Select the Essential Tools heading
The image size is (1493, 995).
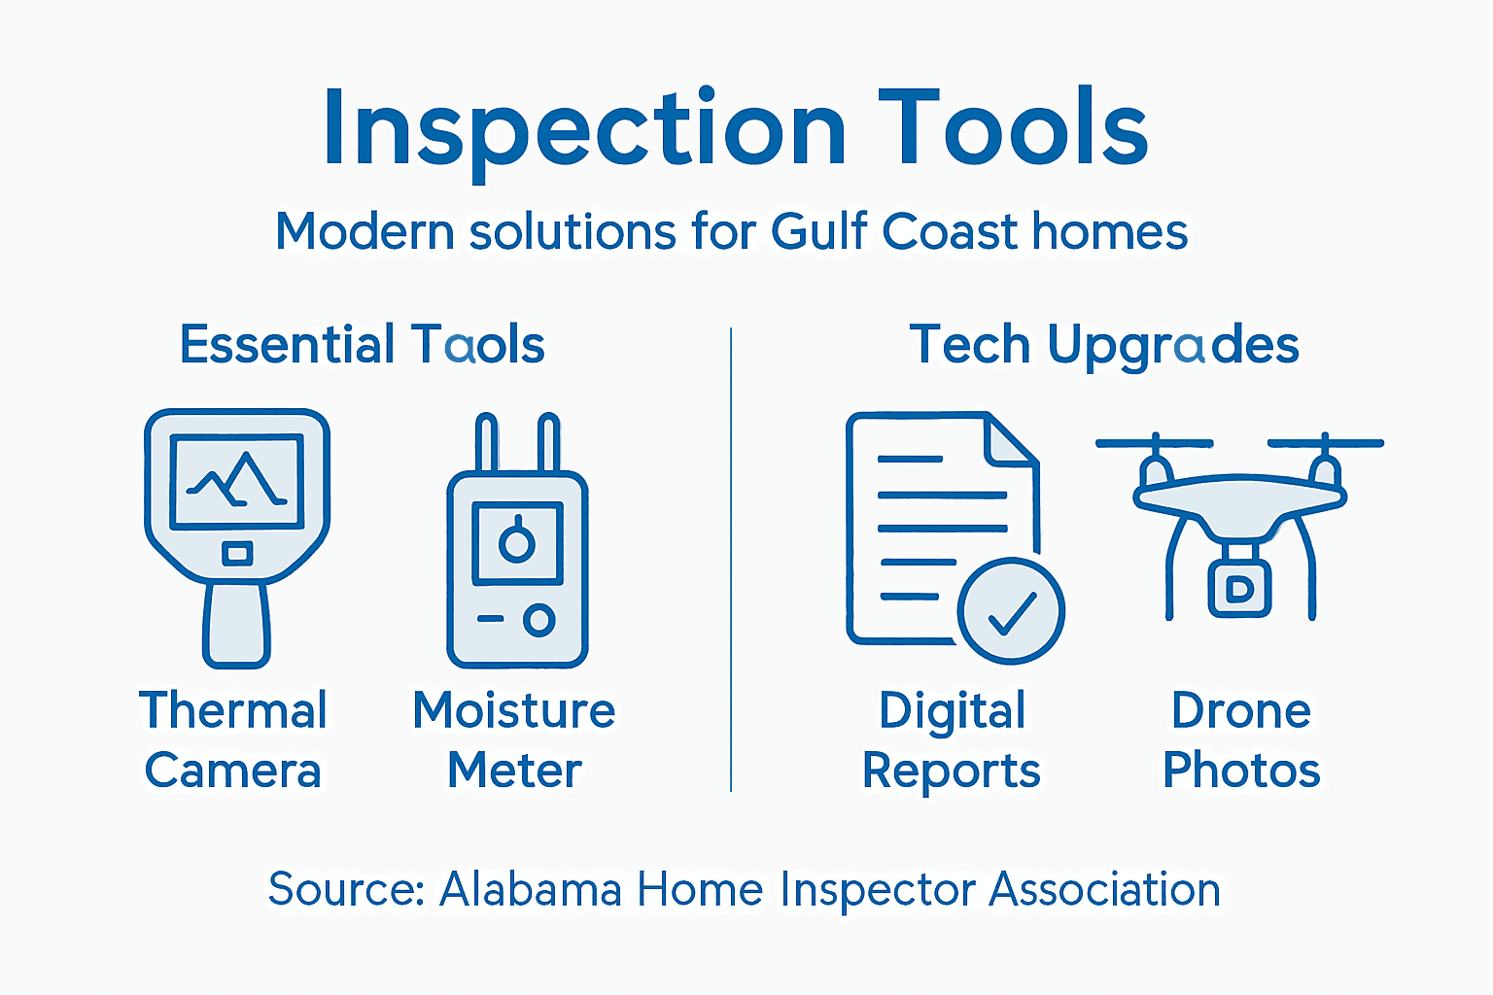point(362,345)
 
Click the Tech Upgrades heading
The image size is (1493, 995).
point(1104,345)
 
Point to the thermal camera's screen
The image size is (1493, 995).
point(236,480)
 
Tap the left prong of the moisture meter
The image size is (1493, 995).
point(486,442)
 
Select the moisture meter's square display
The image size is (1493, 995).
point(517,541)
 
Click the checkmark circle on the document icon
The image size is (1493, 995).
point(1011,610)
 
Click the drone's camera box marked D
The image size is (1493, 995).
point(1239,589)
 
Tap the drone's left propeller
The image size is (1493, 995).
point(1155,443)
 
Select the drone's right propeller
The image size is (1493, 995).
point(1325,443)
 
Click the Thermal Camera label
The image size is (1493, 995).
point(233,739)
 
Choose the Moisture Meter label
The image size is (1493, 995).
point(514,739)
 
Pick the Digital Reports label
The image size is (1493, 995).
point(952,739)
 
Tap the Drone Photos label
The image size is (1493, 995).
point(1241,739)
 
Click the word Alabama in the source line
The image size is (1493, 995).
point(531,889)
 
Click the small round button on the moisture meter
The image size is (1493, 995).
point(538,619)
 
